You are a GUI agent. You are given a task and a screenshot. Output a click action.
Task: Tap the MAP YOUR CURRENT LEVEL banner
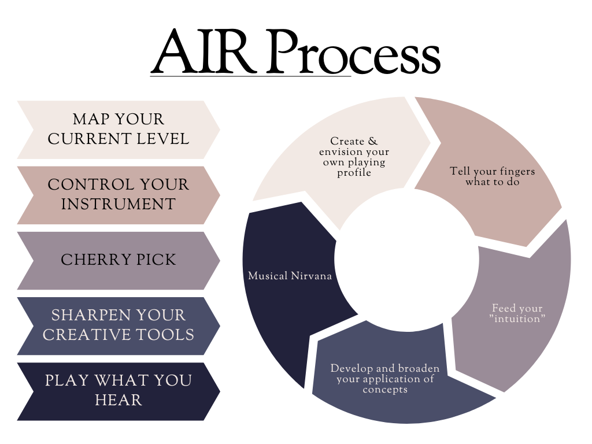[x=118, y=129]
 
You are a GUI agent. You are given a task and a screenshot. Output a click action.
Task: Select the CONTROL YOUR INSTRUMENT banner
[x=118, y=195]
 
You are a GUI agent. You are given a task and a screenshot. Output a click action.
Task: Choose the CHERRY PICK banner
[x=118, y=260]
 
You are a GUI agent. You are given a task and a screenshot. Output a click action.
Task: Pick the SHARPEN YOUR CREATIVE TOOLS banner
[x=118, y=325]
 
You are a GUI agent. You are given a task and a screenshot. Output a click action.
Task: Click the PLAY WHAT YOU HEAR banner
[x=118, y=391]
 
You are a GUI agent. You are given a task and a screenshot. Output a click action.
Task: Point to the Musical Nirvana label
[x=290, y=276]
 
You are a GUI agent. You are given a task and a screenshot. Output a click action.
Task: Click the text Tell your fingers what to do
[x=493, y=177]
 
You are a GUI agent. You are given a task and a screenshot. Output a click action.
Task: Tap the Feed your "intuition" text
[x=517, y=314]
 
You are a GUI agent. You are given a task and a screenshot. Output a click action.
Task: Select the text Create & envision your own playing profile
[x=354, y=157]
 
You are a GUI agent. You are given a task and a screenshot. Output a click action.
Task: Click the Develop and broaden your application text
[x=385, y=379]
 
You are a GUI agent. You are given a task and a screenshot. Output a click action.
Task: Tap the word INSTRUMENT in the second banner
[x=118, y=205]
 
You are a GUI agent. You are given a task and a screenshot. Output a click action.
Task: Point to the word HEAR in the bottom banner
[x=118, y=401]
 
